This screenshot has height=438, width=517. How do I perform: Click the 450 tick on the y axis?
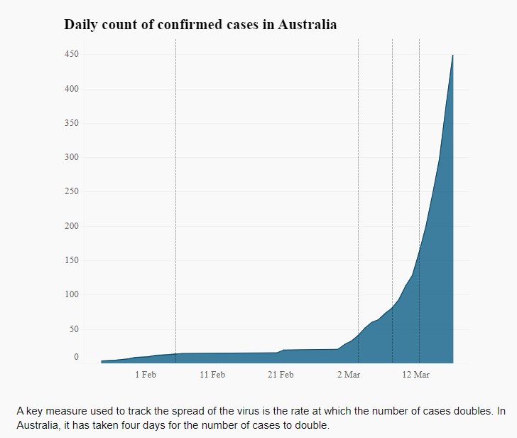tap(71, 55)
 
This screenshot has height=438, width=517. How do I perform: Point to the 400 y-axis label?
tap(71, 89)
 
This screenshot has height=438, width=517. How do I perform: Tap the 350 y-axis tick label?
tap(71, 123)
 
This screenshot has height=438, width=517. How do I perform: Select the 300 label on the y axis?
tap(71, 157)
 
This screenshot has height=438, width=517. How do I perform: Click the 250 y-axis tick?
tap(71, 192)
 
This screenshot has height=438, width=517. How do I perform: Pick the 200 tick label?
tap(71, 226)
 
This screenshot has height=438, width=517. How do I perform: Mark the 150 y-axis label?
tap(71, 260)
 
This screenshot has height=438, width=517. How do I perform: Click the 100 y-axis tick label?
tap(71, 294)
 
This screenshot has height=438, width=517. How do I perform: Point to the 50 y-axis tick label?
tap(73, 329)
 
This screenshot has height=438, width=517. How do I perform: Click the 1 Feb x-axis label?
tap(145, 375)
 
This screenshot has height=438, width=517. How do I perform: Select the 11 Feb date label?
tap(212, 375)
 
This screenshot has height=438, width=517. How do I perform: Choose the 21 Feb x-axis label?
tap(281, 375)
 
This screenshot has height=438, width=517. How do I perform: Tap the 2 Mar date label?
tap(349, 375)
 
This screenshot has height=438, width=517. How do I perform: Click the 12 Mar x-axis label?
tap(416, 375)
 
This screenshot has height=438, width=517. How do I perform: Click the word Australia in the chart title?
tap(307, 24)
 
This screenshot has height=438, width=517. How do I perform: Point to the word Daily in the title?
tap(82, 24)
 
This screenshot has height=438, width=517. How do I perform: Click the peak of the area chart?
tap(453, 55)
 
